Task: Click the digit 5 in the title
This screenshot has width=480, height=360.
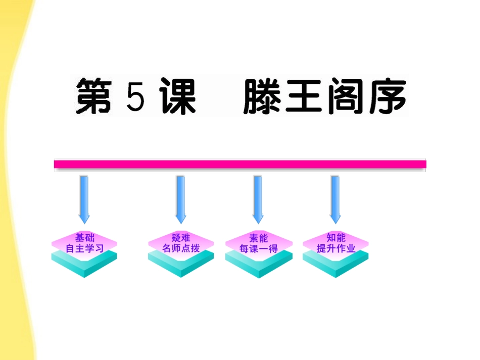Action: tap(136, 96)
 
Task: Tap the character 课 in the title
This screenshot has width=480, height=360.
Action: tap(176, 96)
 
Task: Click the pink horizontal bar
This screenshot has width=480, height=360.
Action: tap(240, 164)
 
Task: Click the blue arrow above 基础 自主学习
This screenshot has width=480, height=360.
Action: tap(84, 198)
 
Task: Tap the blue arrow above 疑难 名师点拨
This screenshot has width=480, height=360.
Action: tap(180, 198)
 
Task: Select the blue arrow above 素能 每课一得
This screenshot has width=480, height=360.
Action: tap(258, 198)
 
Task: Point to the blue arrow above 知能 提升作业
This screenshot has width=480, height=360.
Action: tap(335, 198)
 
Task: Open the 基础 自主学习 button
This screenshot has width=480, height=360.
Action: tap(84, 252)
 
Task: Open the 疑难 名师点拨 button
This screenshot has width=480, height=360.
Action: tap(180, 252)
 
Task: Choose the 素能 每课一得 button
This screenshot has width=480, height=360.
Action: tap(258, 252)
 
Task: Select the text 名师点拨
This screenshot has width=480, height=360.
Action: tap(181, 248)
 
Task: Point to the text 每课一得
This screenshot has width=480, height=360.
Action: tap(258, 248)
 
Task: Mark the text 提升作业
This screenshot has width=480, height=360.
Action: tap(335, 248)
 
